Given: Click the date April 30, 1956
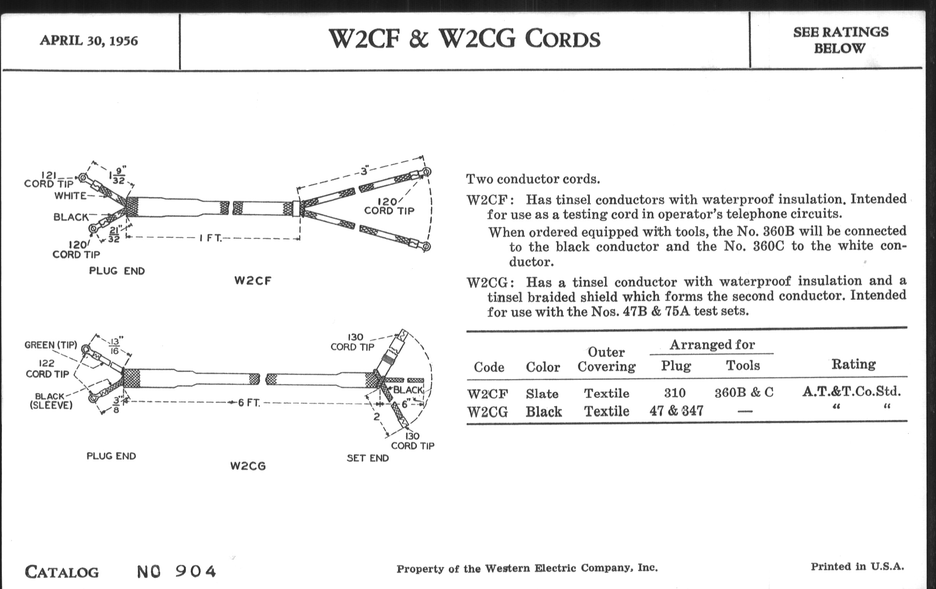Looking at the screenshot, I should pyautogui.click(x=89, y=41).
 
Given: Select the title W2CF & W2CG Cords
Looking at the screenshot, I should pyautogui.click(x=465, y=39).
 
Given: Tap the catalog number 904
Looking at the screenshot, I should pyautogui.click(x=196, y=571).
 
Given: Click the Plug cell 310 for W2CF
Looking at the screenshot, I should pyautogui.click(x=675, y=393).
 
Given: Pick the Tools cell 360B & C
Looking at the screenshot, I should pyautogui.click(x=744, y=393).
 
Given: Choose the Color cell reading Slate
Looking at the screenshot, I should pyautogui.click(x=542, y=394).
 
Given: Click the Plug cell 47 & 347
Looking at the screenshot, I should pyautogui.click(x=676, y=411).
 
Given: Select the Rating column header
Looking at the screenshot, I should pyautogui.click(x=854, y=364).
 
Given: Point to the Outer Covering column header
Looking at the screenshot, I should pyautogui.click(x=607, y=359).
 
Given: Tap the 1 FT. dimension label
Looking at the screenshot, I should pyautogui.click(x=211, y=238).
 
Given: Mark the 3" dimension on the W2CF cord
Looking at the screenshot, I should pyautogui.click(x=364, y=171).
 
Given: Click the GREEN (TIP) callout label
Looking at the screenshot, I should pyautogui.click(x=50, y=345).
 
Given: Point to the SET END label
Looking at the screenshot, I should pyautogui.click(x=368, y=458).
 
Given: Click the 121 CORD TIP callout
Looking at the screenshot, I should pyautogui.click(x=49, y=179).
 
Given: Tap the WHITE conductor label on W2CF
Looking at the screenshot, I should pyautogui.click(x=70, y=196).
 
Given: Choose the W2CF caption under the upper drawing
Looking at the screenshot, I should pyautogui.click(x=252, y=280).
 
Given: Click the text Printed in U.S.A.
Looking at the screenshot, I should pyautogui.click(x=857, y=567).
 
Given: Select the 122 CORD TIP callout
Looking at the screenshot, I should pyautogui.click(x=47, y=368).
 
